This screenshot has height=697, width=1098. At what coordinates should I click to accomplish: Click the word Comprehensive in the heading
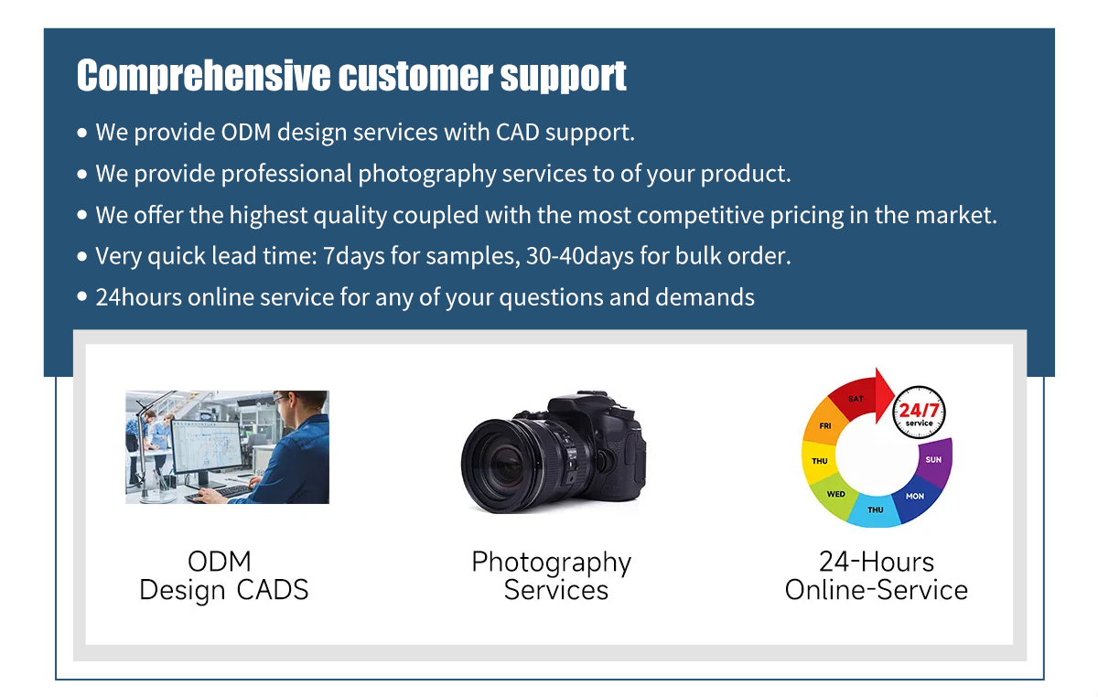coord(203,76)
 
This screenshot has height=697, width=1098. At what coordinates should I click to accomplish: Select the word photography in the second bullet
coord(427,175)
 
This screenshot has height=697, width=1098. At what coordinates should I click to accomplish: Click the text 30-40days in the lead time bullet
coord(580,256)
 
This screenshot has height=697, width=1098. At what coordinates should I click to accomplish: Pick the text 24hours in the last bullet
coord(138,297)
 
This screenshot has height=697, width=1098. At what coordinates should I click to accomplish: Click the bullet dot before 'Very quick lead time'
coord(81,256)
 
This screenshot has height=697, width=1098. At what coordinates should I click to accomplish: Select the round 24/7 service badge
coord(919,412)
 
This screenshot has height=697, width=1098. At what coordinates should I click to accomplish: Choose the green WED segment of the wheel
coord(834,496)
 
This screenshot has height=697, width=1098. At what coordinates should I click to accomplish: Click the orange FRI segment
coord(825,424)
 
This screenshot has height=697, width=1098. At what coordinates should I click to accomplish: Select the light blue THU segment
coord(875,510)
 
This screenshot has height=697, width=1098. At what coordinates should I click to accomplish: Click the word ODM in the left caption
coord(219,562)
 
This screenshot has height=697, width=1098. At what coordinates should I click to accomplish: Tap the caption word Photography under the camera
coord(552,563)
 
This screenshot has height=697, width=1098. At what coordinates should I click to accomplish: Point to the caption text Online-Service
coord(877,590)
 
